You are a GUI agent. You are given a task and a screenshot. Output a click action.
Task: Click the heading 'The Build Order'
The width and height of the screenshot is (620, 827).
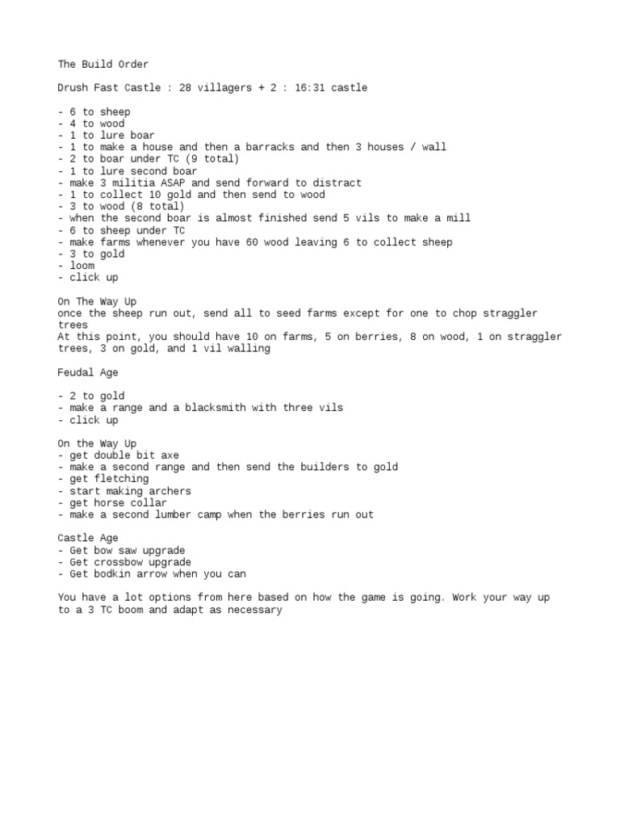point(103,64)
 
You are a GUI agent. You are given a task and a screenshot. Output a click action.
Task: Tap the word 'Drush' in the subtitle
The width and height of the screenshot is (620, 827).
point(73,88)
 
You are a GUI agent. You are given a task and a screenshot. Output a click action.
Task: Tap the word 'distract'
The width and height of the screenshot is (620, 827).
point(337,183)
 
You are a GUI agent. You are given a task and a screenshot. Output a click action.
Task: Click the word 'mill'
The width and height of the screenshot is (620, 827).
point(459,218)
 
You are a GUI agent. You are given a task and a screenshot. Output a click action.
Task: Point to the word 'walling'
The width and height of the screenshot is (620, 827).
point(251,349)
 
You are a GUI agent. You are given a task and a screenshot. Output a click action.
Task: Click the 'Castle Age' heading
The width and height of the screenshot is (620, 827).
point(87,539)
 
